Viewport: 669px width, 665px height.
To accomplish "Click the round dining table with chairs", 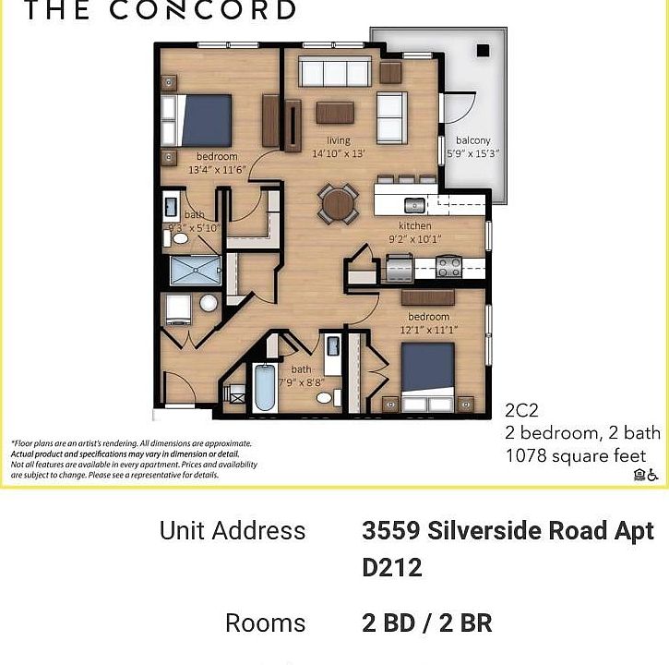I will click(338, 204).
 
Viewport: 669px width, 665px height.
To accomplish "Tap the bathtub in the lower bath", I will click(265, 389).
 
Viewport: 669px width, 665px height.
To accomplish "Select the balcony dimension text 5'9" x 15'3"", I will click(473, 154).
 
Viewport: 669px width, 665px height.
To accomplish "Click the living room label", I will click(338, 140).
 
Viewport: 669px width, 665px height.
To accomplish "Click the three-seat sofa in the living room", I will click(334, 71).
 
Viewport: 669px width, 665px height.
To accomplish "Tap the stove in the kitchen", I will click(449, 267).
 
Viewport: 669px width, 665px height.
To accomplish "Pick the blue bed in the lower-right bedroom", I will click(427, 377).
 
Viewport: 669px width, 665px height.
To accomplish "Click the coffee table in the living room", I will click(335, 113).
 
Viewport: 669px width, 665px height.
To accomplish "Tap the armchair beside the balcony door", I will click(391, 117).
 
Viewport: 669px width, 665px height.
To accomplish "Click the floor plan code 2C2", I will click(522, 410).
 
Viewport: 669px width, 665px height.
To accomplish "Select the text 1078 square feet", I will click(575, 455).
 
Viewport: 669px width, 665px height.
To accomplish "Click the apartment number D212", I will click(392, 567).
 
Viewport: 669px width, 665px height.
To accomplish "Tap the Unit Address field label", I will click(232, 531).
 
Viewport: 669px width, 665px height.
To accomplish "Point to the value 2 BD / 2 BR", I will click(426, 623).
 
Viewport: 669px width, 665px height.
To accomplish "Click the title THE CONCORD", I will click(159, 11).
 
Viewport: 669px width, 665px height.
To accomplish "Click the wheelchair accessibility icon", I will click(652, 475).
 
